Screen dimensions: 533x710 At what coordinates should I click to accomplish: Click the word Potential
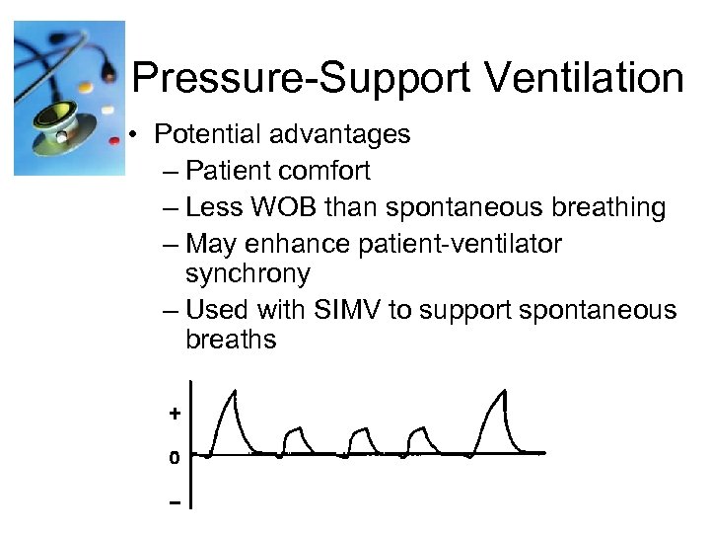point(211,133)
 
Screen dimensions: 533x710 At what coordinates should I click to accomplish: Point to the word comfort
point(324,171)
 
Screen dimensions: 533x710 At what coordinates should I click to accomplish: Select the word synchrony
point(247,273)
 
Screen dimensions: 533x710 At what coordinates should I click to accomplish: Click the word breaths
point(231,341)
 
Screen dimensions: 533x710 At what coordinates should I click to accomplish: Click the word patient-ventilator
point(463,244)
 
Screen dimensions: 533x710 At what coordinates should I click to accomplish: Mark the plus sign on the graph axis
point(175,415)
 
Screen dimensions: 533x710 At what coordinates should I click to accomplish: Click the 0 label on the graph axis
point(175,458)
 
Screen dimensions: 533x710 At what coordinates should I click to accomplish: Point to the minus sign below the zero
point(175,502)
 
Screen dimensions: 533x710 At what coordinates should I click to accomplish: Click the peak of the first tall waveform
point(234,393)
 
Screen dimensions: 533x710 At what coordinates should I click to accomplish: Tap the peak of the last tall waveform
point(504,392)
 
